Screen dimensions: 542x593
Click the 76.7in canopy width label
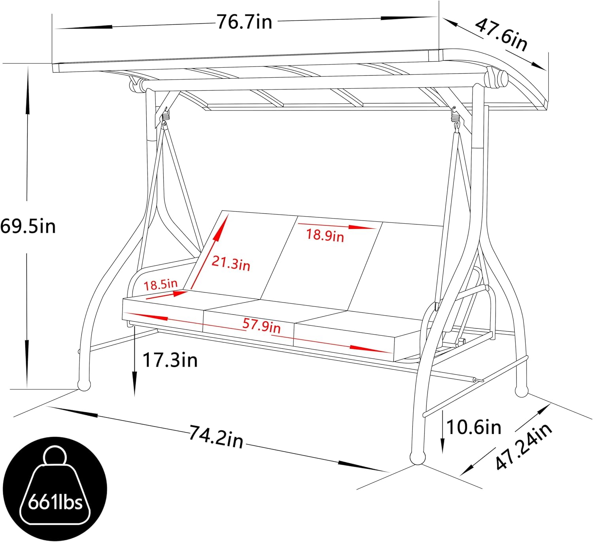pyautogui.click(x=245, y=22)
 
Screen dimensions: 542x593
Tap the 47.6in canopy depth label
pyautogui.click(x=501, y=35)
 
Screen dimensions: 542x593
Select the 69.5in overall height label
pyautogui.click(x=28, y=226)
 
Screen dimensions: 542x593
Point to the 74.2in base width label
pyautogui.click(x=216, y=436)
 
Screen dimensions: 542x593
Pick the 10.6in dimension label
pyautogui.click(x=474, y=427)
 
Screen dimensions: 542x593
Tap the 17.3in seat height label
pyautogui.click(x=170, y=360)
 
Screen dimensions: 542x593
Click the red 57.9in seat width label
pyautogui.click(x=261, y=326)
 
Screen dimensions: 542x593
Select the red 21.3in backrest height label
pyautogui.click(x=231, y=263)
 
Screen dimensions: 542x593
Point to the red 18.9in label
pyautogui.click(x=325, y=236)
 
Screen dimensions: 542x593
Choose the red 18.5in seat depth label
pyautogui.click(x=161, y=284)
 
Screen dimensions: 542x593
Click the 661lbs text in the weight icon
pyautogui.click(x=55, y=502)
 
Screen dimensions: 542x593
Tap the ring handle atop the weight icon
pyautogui.click(x=55, y=456)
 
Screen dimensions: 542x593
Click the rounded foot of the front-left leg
pyautogui.click(x=84, y=385)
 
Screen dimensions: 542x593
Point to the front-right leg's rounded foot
pyautogui.click(x=417, y=458)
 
